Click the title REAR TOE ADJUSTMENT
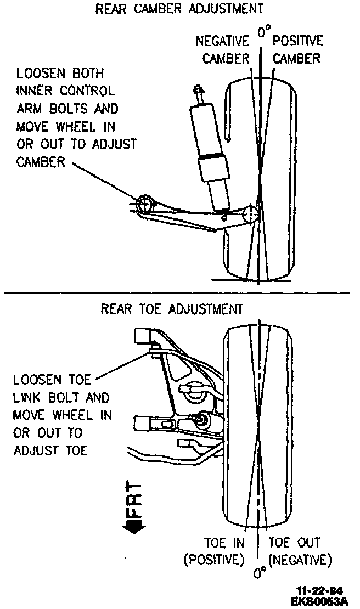click(x=172, y=309)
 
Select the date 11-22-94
click(x=319, y=591)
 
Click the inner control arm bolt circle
click(x=146, y=204)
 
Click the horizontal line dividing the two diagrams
click(x=180, y=292)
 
